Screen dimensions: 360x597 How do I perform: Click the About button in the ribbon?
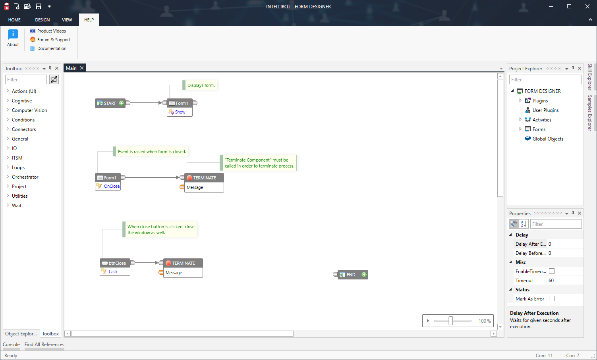click(x=13, y=38)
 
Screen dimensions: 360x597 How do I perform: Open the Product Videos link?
click(x=51, y=31)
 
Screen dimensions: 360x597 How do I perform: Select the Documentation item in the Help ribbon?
click(x=52, y=48)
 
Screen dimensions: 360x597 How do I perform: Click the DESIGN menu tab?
click(x=42, y=20)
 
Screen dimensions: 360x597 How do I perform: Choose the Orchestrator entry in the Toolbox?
click(x=25, y=177)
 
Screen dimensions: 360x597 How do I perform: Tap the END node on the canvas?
click(x=351, y=275)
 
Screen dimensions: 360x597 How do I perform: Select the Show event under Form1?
click(x=180, y=112)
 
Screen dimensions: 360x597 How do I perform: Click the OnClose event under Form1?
click(x=112, y=186)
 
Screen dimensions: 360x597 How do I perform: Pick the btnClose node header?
click(x=117, y=263)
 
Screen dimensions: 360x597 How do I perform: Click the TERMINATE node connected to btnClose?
click(x=183, y=263)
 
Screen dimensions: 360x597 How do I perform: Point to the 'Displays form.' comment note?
click(x=201, y=85)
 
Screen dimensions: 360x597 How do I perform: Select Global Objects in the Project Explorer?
click(x=548, y=139)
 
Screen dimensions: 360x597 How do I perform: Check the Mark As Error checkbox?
click(x=552, y=298)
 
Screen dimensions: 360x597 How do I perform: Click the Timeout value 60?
click(x=551, y=281)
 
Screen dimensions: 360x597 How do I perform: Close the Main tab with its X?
click(x=82, y=68)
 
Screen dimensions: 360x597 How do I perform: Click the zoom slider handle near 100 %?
click(x=450, y=321)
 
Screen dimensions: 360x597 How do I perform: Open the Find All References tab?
click(x=44, y=345)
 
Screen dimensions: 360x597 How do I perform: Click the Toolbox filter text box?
click(x=26, y=80)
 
